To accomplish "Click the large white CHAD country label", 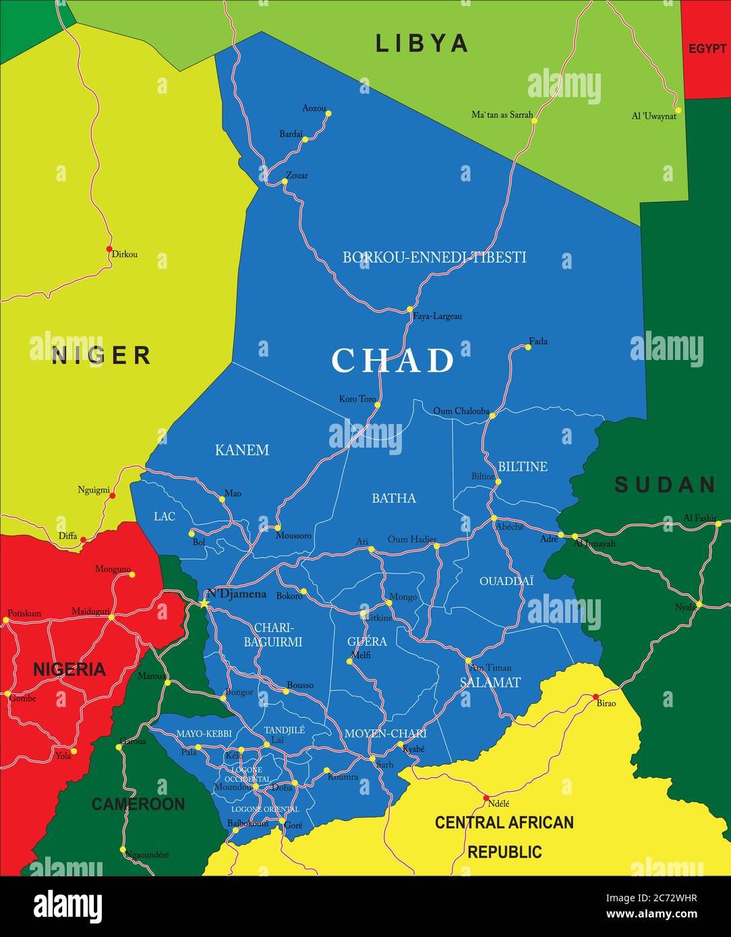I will coord(392,361).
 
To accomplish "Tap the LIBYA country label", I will coord(421,43).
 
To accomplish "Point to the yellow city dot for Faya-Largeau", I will coord(409,309).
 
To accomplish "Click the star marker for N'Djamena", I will coord(204,603).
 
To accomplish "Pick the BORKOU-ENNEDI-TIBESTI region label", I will coord(434,257).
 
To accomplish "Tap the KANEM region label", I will coord(242,450).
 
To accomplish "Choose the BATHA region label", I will coord(394,498).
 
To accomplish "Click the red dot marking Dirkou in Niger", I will coord(109,249).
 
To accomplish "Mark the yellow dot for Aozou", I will coord(328,113).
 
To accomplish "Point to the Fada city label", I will coord(538,341).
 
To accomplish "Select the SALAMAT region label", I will coord(490,682).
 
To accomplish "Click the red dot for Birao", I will coord(595,696).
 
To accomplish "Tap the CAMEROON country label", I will coord(138,804).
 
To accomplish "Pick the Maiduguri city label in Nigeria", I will coord(90,611).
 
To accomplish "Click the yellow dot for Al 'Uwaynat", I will coord(678,110).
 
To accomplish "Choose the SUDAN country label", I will coord(665,484).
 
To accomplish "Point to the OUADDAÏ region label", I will coord(506,580).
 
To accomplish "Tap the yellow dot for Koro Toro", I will coord(378,405).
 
